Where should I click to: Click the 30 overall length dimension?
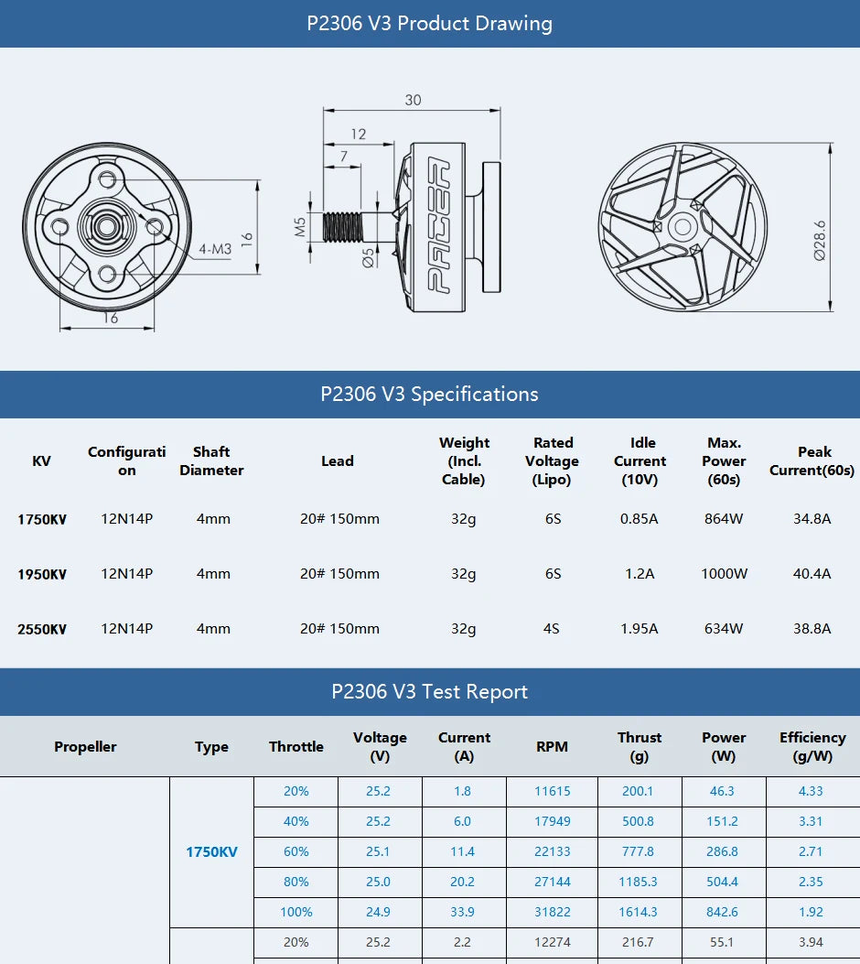[x=413, y=100]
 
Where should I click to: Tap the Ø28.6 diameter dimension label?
[x=820, y=239]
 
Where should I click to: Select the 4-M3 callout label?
[x=215, y=249]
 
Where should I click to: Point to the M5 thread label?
[x=300, y=226]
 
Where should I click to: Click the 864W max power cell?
[x=724, y=519]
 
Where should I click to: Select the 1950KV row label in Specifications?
[x=42, y=575]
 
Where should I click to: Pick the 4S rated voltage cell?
[x=552, y=629]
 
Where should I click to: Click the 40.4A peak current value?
[x=812, y=574]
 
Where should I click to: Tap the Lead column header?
[x=337, y=461]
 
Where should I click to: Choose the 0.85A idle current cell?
[x=639, y=519]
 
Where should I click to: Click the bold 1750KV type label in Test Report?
[x=211, y=851]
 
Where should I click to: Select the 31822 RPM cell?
[x=552, y=912]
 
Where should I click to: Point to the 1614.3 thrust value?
[x=638, y=912]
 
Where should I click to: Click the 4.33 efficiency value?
[x=810, y=791]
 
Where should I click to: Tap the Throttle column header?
[x=296, y=747]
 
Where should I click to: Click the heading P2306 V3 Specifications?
[x=429, y=395]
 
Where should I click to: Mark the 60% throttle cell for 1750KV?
[x=296, y=851]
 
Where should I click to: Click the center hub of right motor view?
[x=682, y=226]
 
